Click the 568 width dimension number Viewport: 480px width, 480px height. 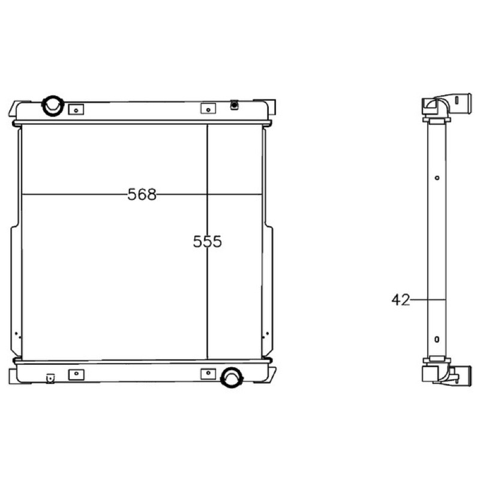tap(142, 194)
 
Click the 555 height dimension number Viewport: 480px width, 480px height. tap(207, 242)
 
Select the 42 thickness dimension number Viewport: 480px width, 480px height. tap(400, 300)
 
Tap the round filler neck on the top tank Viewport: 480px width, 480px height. tap(53, 106)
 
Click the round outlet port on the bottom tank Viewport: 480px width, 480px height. tap(232, 377)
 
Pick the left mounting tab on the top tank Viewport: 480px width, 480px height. tap(76, 110)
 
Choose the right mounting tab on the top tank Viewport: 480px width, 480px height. tap(208, 109)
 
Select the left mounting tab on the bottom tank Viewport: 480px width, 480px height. tap(76, 374)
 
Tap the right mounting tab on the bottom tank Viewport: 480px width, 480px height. tap(208, 374)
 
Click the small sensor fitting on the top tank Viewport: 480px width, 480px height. tap(234, 105)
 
